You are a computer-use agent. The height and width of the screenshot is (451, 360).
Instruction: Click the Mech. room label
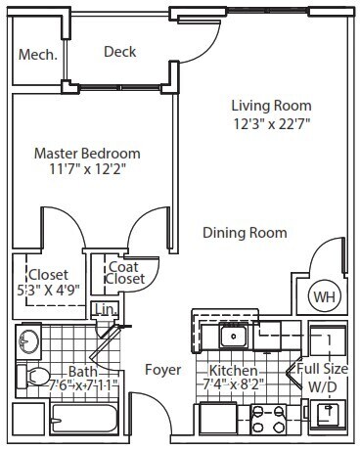[37, 55]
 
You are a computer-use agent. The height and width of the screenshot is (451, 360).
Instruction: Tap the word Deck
[119, 52]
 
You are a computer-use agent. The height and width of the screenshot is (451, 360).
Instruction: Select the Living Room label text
[271, 106]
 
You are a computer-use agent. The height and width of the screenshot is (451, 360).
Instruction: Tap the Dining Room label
[245, 233]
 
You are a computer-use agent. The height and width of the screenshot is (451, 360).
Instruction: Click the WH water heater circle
[324, 295]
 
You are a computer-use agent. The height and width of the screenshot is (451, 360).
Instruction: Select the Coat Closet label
[125, 271]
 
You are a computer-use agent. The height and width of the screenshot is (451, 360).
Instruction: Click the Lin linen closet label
[103, 311]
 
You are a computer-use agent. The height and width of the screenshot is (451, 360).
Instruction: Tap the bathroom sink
[29, 342]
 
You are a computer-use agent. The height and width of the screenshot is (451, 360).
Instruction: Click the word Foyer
[161, 370]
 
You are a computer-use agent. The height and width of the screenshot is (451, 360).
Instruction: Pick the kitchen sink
[234, 338]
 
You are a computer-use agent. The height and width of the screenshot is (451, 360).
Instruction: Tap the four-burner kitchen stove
[268, 418]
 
